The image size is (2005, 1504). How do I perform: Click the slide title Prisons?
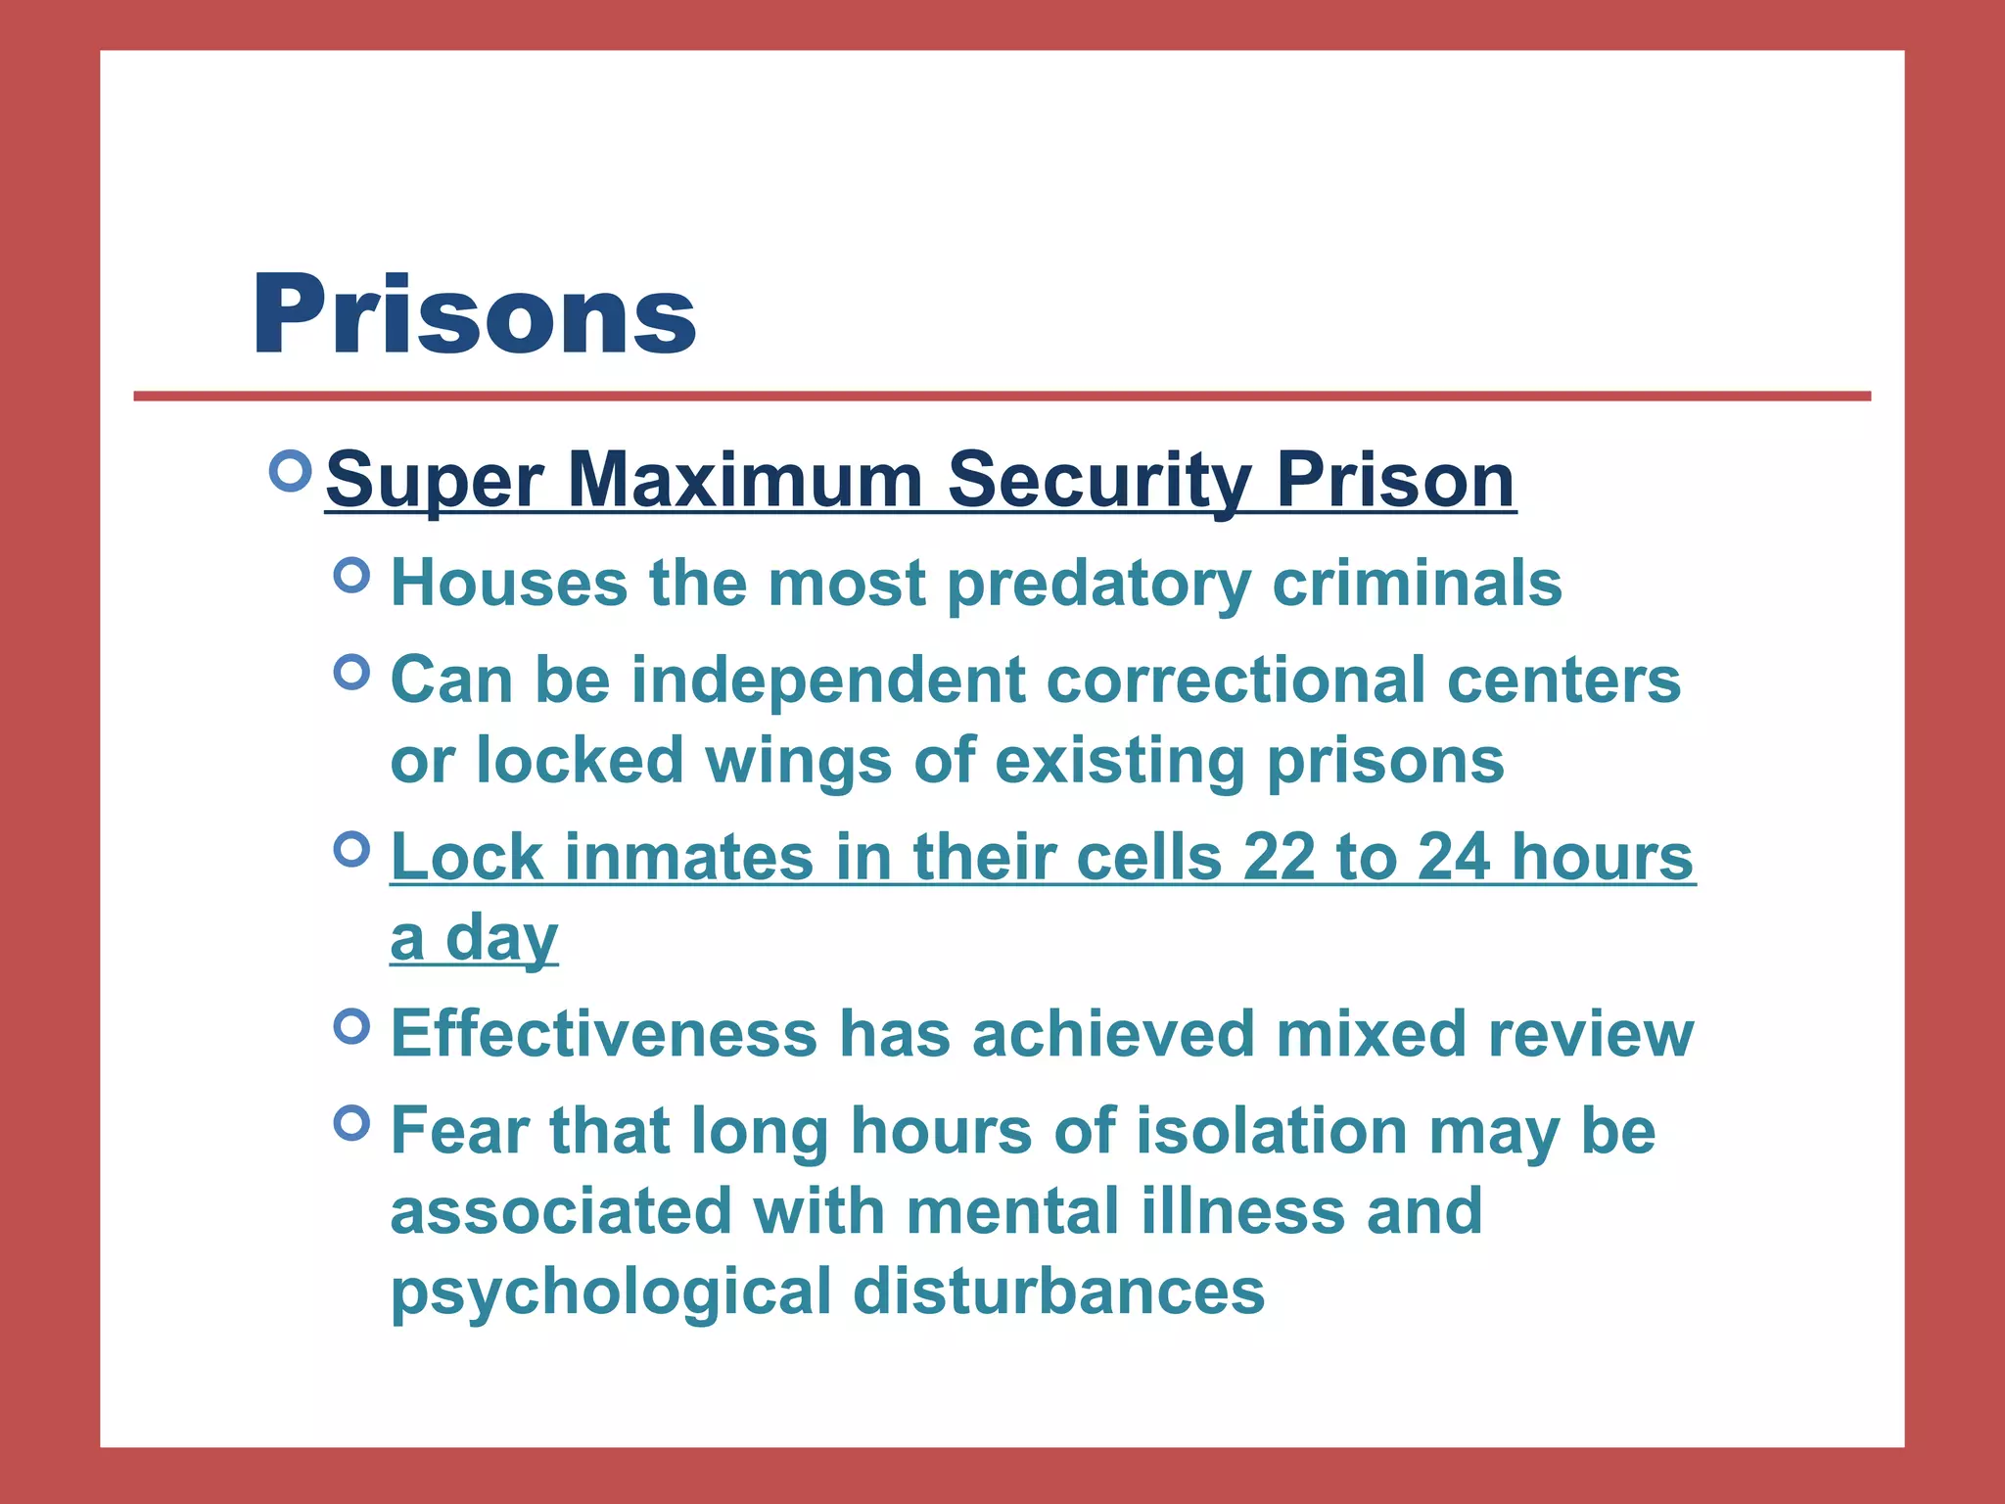pos(474,315)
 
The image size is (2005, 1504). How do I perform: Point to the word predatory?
pos(1098,584)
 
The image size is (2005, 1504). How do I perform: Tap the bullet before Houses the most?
pos(351,575)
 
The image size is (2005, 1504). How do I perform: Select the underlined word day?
pos(501,939)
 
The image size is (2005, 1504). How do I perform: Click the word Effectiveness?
pos(603,1034)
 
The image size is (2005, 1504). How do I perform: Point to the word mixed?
pos(1370,1034)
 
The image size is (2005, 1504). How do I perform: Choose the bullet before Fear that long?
pos(351,1122)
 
